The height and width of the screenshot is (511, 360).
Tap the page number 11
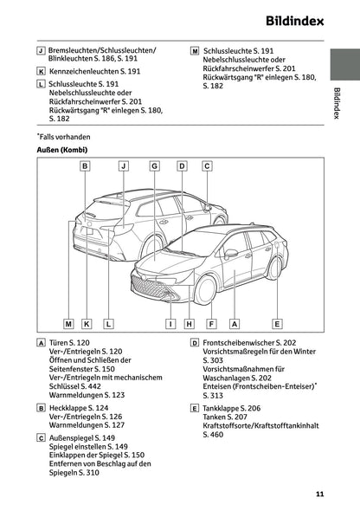coord(319,495)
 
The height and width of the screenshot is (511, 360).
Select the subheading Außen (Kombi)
coord(61,149)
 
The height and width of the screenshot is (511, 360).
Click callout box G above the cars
coord(154,165)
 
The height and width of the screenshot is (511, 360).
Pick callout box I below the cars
coord(171,323)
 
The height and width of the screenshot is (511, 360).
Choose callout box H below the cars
coord(190,323)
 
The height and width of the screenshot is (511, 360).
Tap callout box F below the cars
coord(211,323)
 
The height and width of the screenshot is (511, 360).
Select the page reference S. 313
coord(212,395)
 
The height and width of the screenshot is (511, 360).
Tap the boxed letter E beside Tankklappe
coord(194,407)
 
